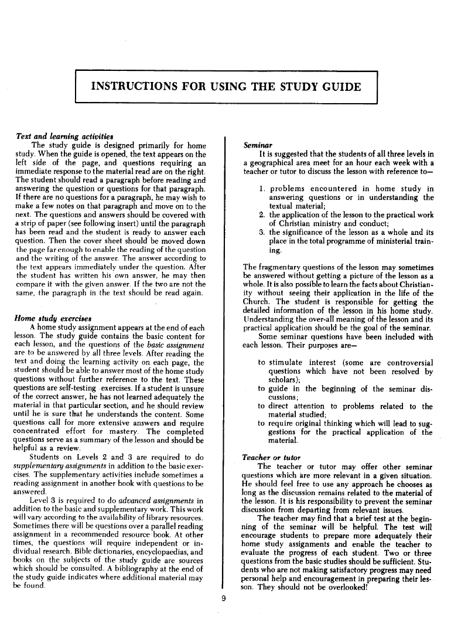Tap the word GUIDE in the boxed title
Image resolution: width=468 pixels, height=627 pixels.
point(337,88)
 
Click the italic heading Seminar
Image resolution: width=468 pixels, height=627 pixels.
point(256,144)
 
